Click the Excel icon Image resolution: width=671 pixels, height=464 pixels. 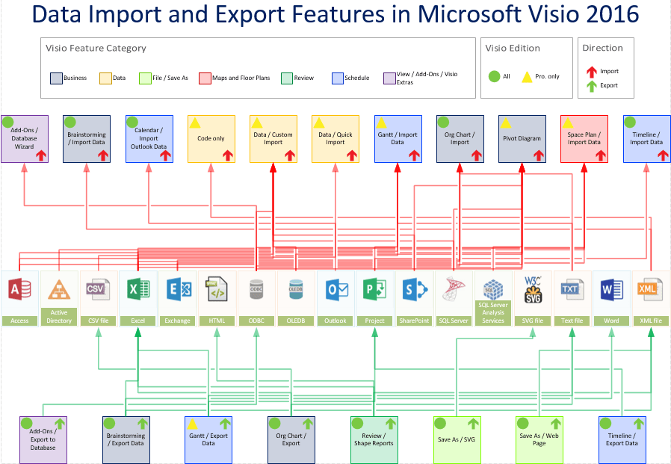[137, 290]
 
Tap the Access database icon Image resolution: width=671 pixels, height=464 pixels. [19, 289]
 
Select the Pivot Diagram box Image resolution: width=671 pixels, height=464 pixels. [522, 139]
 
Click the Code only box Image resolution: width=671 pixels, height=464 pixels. [211, 139]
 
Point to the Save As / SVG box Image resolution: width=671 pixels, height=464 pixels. [457, 439]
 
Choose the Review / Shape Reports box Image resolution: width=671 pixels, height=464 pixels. [374, 439]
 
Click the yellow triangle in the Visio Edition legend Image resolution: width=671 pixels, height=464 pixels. [527, 77]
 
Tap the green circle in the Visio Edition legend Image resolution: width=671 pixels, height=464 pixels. [494, 76]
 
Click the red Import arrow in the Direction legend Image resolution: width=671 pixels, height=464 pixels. [591, 72]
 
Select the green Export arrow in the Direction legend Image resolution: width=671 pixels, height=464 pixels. [591, 86]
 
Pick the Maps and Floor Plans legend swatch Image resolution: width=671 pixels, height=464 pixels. [205, 78]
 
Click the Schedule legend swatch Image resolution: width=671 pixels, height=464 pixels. [338, 78]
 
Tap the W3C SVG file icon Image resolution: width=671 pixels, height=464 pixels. [533, 289]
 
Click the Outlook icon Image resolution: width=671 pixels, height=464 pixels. [335, 290]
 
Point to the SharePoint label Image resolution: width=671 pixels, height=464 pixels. [414, 321]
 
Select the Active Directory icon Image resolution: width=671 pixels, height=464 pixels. [59, 290]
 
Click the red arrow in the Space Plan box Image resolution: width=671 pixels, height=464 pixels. [601, 155]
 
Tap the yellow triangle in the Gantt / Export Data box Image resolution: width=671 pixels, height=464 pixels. [193, 424]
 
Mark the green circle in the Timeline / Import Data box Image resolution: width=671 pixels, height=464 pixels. [630, 123]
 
